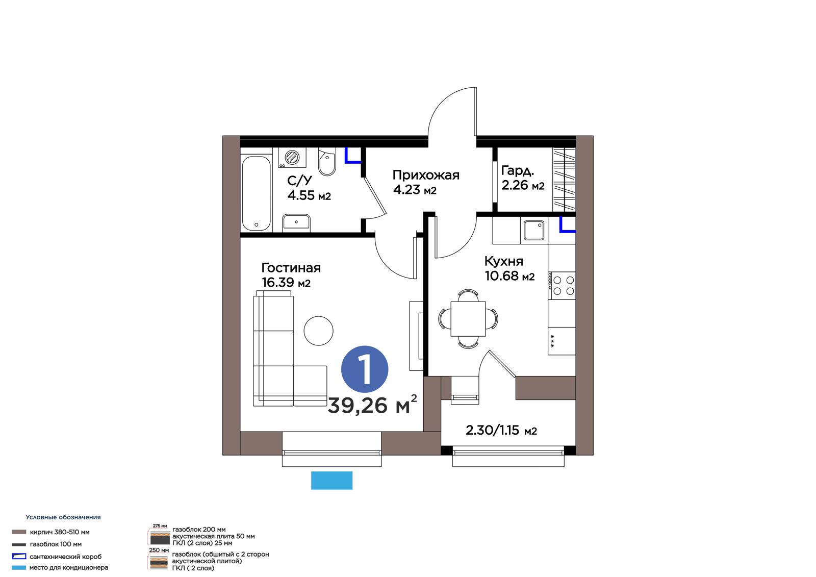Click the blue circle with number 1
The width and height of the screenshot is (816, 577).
[x=364, y=369]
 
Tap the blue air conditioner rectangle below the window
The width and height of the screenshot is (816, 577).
[x=331, y=481]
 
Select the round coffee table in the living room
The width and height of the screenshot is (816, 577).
[x=318, y=331]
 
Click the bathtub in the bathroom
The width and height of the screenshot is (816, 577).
[x=257, y=193]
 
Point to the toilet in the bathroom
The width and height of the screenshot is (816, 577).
[x=327, y=162]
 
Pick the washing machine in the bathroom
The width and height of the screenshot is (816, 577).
[x=292, y=158]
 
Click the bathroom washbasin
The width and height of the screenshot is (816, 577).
[x=296, y=223]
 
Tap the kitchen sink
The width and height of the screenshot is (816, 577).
[x=534, y=231]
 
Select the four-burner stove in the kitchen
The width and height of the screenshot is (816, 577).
[x=562, y=285]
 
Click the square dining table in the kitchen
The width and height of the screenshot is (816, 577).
[x=468, y=319]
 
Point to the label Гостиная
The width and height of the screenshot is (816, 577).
[x=291, y=268]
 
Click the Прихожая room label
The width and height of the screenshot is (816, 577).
[x=426, y=175]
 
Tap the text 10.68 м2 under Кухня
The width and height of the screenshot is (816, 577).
[x=509, y=276]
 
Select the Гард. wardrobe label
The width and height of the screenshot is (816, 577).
[x=517, y=170]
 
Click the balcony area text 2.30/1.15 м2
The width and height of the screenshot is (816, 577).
[x=501, y=431]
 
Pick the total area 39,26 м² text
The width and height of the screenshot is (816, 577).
[x=372, y=404]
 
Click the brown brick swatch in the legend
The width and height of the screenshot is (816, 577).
[x=19, y=532]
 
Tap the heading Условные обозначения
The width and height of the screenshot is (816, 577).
[x=63, y=517]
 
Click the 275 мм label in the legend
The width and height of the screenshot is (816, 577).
[x=160, y=525]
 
